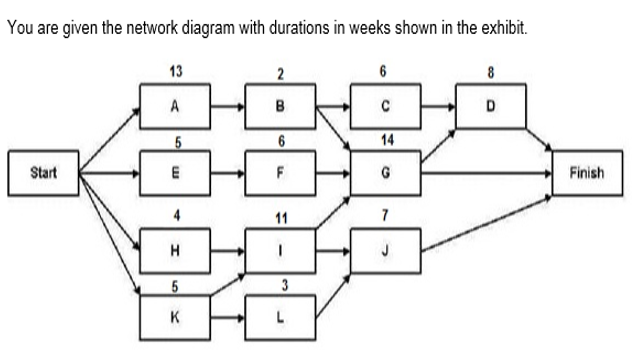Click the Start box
pos(43,172)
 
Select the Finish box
pos(587,172)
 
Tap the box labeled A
pos(176,105)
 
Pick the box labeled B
pos(281,105)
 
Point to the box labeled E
pos(176,172)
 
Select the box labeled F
pos(281,172)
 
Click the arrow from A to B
pos(229,105)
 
